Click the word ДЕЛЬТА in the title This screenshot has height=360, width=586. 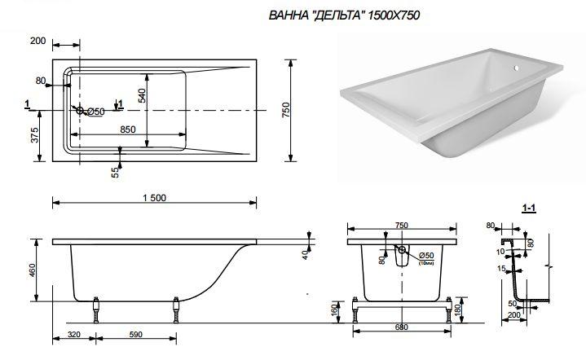338,15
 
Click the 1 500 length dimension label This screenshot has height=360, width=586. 154,198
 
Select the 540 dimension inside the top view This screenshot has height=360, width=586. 142,95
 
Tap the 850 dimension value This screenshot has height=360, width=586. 128,130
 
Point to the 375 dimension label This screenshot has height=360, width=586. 35,135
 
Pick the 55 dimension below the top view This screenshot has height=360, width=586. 115,172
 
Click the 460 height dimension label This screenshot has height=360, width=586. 32,270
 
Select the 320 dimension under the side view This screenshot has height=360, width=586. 74,334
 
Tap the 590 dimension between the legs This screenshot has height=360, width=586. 135,334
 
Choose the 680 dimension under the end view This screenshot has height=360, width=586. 401,327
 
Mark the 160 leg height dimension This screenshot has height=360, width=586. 335,309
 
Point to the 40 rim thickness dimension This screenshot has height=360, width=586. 305,255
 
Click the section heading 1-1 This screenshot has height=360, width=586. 529,209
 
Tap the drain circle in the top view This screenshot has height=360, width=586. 80,111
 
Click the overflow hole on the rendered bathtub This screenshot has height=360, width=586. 516,68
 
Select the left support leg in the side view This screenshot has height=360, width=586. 96,310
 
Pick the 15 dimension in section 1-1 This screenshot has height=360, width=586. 502,269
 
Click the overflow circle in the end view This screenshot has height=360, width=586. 402,250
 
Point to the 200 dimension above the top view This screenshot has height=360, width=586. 37,41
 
